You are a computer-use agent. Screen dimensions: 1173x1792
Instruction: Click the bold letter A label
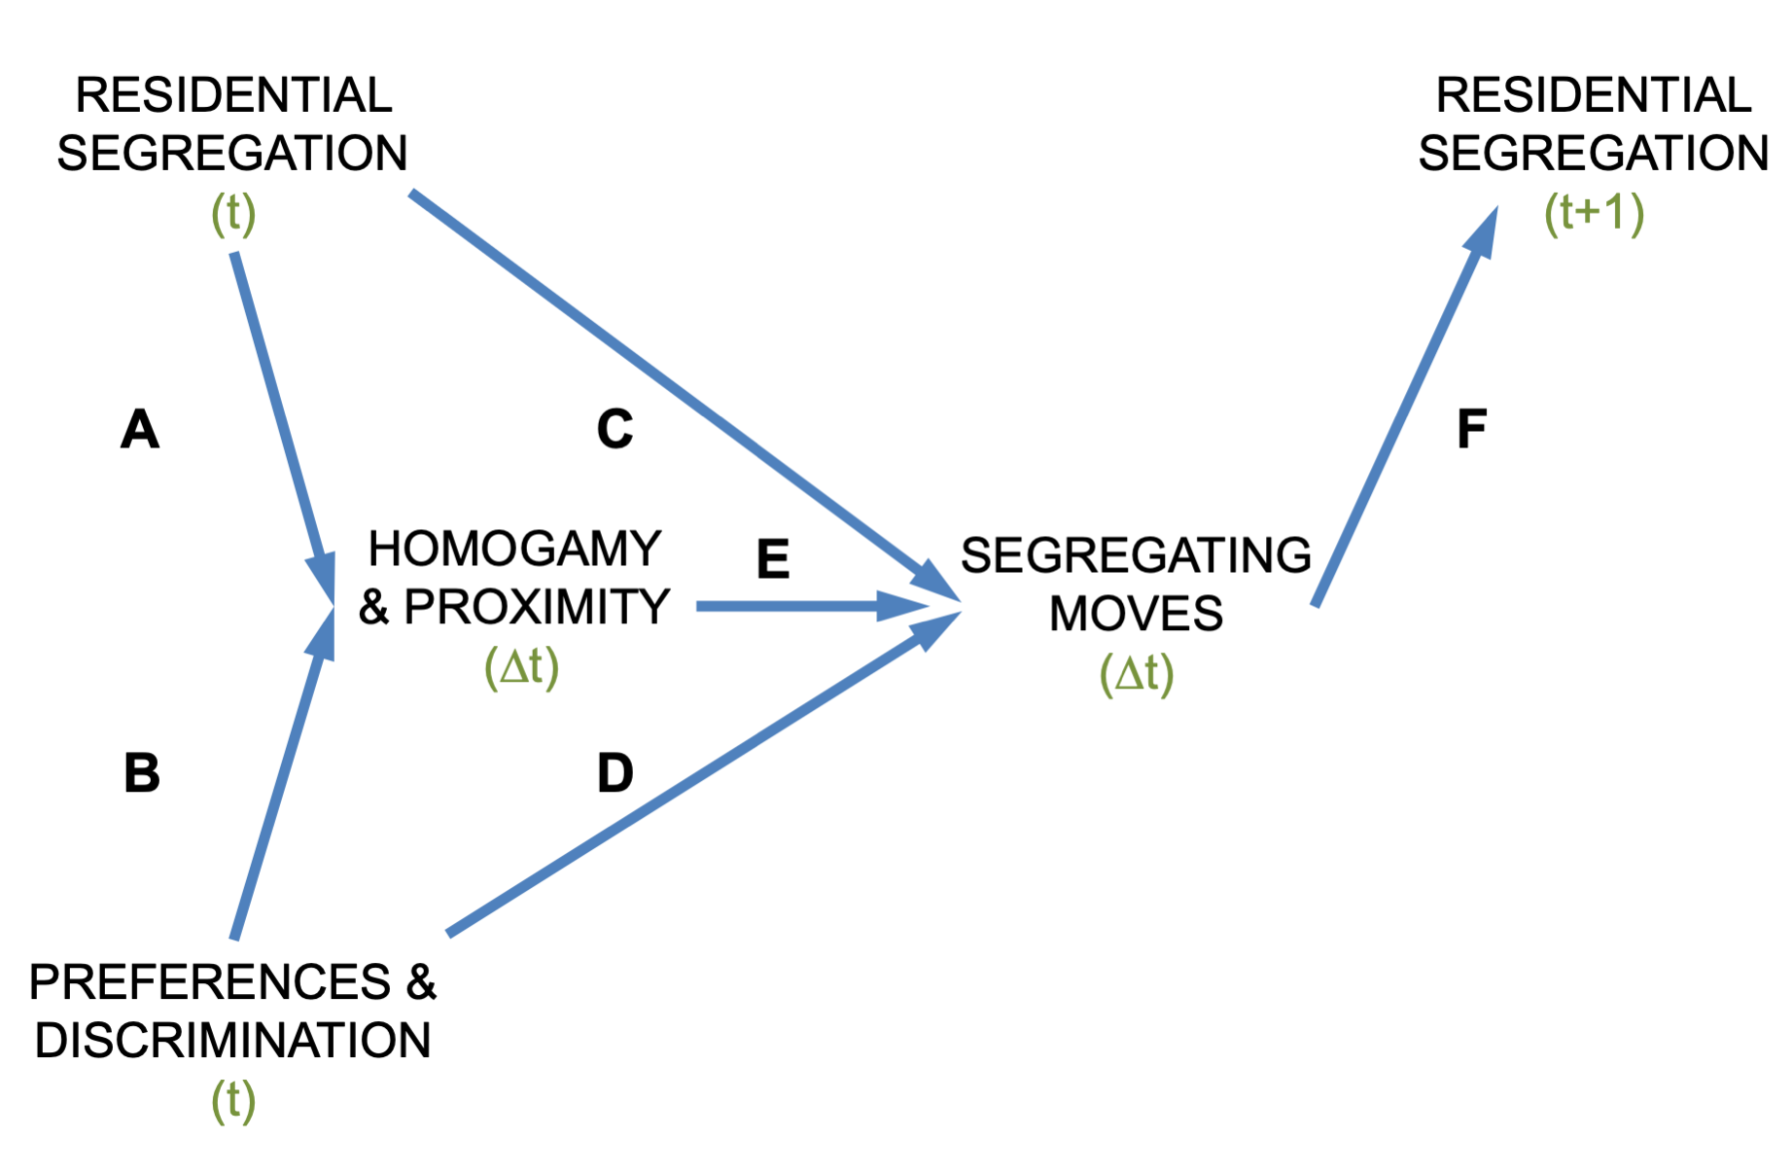click(140, 429)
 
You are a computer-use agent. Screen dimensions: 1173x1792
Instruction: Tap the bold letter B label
click(142, 773)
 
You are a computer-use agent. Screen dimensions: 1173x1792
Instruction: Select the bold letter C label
click(615, 429)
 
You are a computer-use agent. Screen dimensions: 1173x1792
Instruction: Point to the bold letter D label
click(615, 773)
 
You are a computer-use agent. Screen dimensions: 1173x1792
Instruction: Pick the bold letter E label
click(773, 560)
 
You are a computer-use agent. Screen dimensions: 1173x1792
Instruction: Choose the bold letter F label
click(1471, 429)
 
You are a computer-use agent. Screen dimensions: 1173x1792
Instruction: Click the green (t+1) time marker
click(1594, 213)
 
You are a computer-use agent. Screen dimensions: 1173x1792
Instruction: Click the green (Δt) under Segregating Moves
click(1136, 673)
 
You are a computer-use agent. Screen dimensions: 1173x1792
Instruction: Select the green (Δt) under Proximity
click(521, 667)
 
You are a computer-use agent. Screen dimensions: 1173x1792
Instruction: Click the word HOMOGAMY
click(514, 550)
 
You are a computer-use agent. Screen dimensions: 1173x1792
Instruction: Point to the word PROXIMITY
click(537, 608)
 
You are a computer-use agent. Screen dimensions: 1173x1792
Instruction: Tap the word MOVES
click(1136, 615)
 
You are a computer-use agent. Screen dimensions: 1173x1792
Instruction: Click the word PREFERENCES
click(209, 982)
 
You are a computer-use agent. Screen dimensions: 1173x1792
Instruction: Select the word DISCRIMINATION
click(232, 1041)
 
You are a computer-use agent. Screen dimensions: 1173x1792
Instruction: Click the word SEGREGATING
click(1136, 556)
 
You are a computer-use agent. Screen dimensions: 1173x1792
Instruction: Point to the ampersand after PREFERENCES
click(421, 982)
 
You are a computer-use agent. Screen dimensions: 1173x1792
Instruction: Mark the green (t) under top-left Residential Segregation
click(233, 213)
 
